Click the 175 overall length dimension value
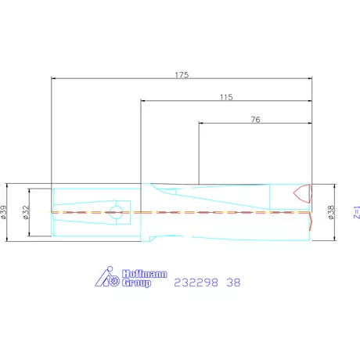(182, 75)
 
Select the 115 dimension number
(226, 97)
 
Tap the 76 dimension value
(255, 120)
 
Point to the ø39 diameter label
(3, 212)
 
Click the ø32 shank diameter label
(26, 212)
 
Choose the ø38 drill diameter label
(330, 212)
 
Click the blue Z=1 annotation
(357, 212)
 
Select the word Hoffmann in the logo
(145, 274)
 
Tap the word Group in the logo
(136, 283)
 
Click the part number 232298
(196, 283)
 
